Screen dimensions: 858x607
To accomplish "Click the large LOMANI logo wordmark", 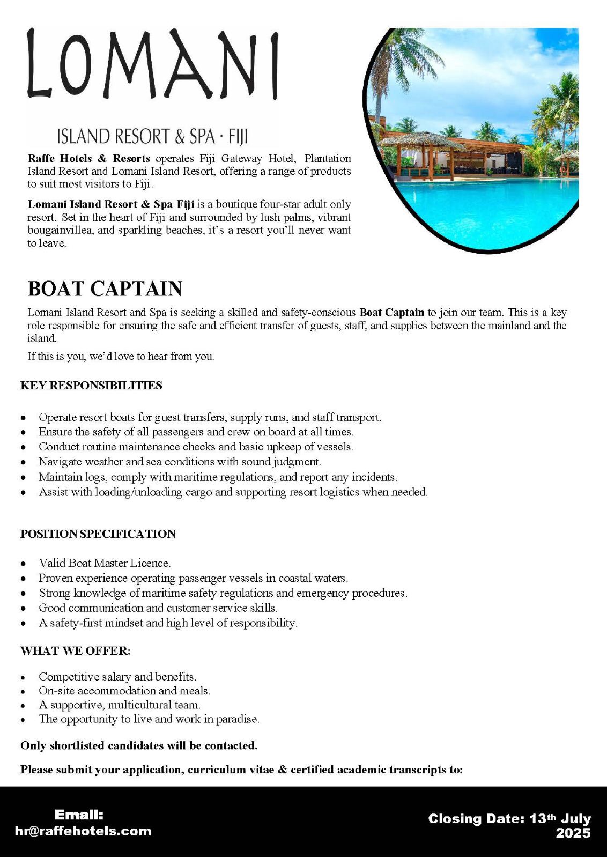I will (153, 64).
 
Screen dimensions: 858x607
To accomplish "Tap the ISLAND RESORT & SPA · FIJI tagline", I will (152, 136).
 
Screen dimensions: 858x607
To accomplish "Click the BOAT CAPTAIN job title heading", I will (105, 289).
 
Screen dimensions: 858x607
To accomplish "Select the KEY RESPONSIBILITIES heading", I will (91, 386).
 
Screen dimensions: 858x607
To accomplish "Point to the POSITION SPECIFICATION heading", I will (98, 534).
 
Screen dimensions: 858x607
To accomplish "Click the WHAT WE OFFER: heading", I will (76, 651).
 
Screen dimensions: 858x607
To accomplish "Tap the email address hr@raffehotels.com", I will (83, 831).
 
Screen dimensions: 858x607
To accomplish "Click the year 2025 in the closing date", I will (573, 833).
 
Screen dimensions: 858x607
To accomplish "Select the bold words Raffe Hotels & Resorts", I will (89, 159).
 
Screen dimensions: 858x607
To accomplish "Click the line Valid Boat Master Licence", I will (105, 563).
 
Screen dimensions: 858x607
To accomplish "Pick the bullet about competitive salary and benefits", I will (117, 677).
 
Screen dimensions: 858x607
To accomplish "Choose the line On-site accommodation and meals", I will (124, 691).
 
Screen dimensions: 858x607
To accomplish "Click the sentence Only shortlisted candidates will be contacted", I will (139, 746).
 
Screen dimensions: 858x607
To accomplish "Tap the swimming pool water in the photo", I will (483, 204).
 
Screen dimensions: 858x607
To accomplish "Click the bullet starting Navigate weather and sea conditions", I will (180, 462).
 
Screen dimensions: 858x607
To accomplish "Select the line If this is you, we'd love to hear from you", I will (121, 356).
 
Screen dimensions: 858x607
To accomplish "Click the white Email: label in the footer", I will (79, 815).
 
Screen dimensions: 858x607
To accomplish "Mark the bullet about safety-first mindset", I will (168, 623).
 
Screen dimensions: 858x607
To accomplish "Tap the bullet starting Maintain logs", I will (218, 477).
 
